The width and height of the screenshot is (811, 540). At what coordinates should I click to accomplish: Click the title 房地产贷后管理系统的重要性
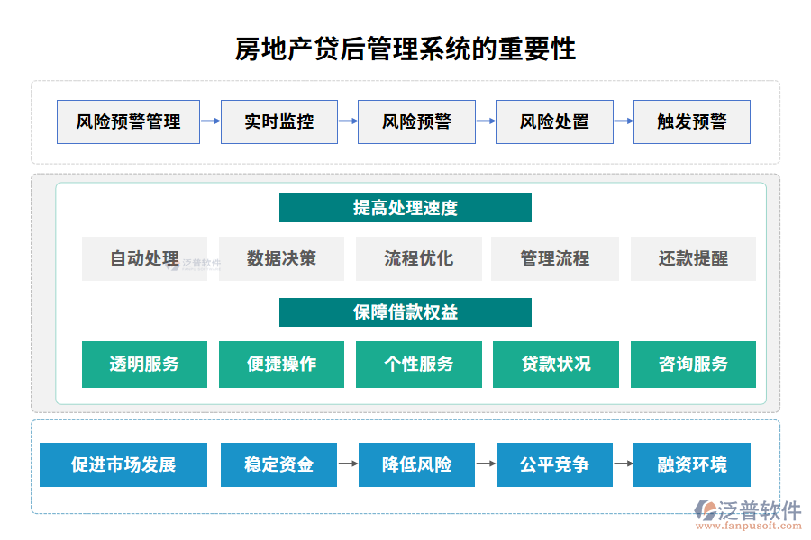click(405, 48)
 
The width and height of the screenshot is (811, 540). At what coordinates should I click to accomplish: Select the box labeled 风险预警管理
click(128, 121)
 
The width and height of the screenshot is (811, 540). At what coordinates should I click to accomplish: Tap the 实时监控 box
click(279, 121)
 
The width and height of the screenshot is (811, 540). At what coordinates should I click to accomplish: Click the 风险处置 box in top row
click(554, 121)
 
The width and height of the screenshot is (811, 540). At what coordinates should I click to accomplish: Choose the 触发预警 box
click(691, 121)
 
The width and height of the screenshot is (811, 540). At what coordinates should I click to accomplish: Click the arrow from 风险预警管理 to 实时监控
click(210, 121)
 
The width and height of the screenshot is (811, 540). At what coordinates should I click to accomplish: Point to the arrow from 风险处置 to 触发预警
click(623, 121)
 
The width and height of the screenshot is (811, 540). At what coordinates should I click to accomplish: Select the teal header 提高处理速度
click(405, 208)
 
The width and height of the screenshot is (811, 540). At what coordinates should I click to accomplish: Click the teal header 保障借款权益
click(405, 312)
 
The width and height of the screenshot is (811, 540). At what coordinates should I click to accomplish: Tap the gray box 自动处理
click(144, 259)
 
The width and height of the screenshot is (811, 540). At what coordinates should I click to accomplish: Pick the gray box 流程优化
click(419, 259)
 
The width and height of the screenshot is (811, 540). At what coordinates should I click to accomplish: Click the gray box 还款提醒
click(693, 259)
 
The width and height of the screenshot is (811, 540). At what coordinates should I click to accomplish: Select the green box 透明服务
click(144, 364)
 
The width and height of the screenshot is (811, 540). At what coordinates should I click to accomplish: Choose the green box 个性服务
click(419, 364)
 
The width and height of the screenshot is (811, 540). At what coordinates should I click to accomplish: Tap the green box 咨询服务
click(693, 364)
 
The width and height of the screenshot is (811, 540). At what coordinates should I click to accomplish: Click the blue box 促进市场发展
click(123, 464)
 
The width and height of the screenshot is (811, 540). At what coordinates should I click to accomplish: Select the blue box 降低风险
click(417, 464)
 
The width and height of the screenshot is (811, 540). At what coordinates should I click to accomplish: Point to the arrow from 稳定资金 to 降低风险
click(348, 464)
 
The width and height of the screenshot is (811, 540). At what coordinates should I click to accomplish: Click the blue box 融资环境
click(692, 464)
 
